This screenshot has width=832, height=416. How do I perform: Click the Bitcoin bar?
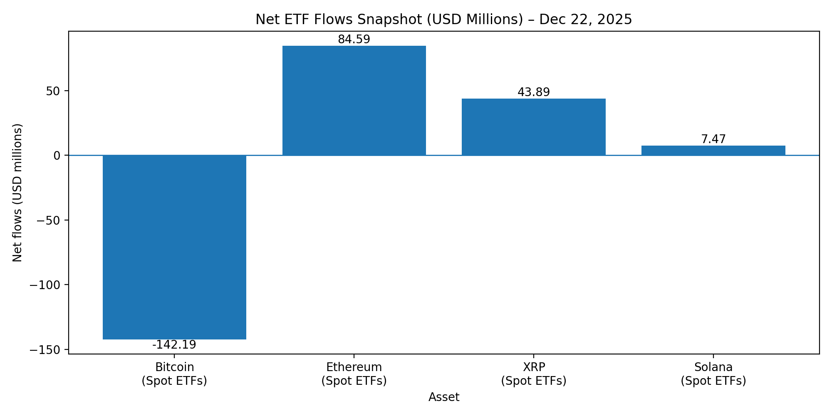(174, 247)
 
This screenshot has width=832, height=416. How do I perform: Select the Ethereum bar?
(354, 100)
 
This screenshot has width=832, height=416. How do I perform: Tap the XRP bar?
(534, 127)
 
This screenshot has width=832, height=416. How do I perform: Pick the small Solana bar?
(713, 151)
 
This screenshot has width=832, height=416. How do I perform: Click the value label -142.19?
(174, 345)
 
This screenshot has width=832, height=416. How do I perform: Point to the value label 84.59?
(354, 40)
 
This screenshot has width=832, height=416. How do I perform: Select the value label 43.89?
(534, 92)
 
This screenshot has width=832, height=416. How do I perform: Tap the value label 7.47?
(713, 139)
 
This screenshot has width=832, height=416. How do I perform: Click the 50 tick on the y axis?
(53, 91)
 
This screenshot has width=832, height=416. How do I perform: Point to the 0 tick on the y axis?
(57, 156)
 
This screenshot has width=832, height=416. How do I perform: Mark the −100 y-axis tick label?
(45, 285)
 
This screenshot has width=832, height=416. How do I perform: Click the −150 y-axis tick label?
(45, 350)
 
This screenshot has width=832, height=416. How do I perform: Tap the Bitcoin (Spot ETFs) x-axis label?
(174, 374)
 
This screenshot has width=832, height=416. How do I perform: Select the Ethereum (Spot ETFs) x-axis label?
(354, 374)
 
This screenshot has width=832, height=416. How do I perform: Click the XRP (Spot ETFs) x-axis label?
(534, 374)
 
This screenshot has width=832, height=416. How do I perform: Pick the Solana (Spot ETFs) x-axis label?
(713, 374)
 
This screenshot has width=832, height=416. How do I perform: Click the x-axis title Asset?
(444, 397)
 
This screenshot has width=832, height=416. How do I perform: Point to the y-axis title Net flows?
(17, 193)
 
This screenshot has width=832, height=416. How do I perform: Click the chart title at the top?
(443, 20)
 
